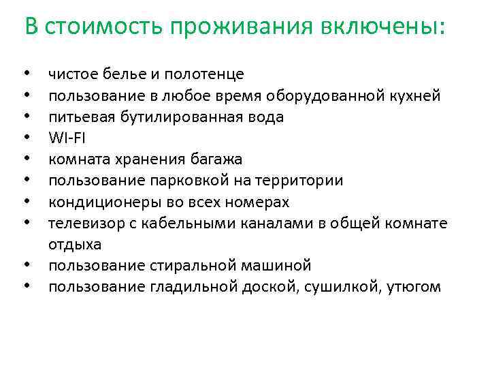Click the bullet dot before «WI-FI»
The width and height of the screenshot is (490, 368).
click(x=26, y=138)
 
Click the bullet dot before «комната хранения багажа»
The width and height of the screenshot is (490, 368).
click(x=26, y=159)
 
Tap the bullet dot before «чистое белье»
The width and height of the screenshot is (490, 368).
click(x=26, y=74)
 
